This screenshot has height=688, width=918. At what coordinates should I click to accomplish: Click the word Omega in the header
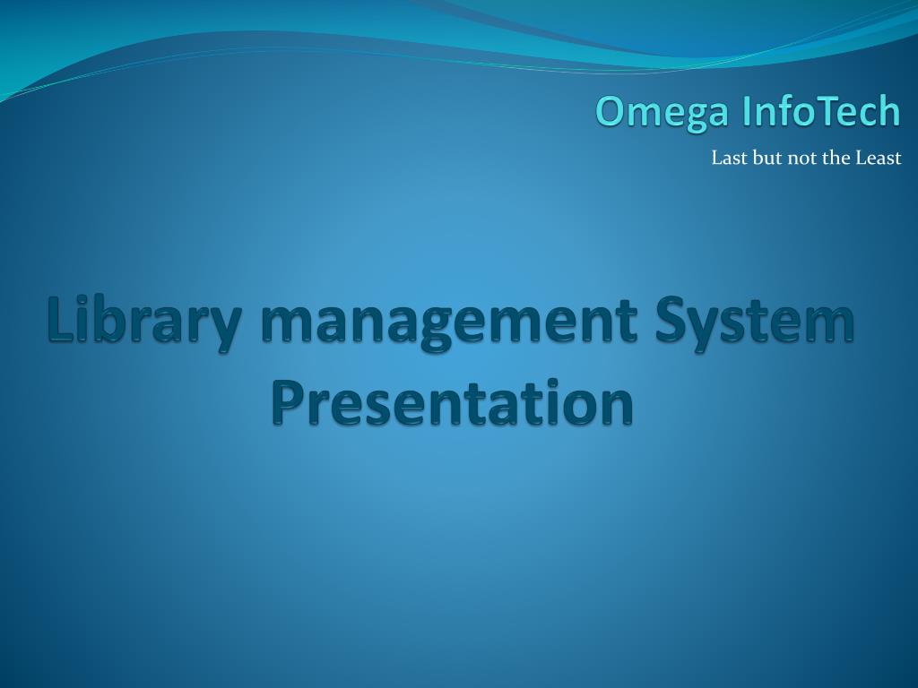pyautogui.click(x=663, y=112)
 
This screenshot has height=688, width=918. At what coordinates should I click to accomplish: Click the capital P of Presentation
pyautogui.click(x=289, y=401)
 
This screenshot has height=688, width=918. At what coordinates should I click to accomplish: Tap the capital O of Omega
pyautogui.click(x=612, y=110)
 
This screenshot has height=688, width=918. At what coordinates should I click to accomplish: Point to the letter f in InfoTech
pyautogui.click(x=784, y=110)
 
